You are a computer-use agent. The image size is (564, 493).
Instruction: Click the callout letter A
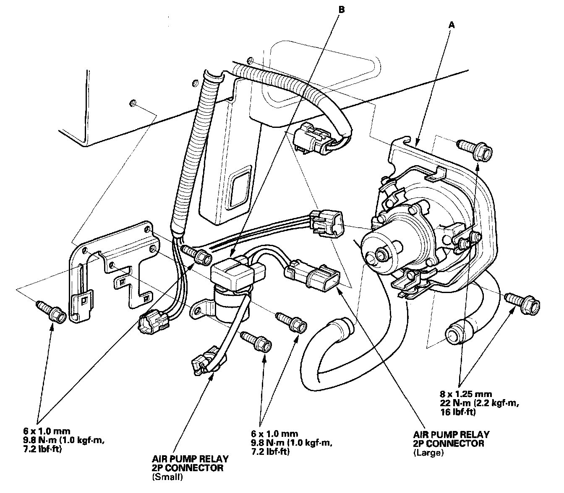452,26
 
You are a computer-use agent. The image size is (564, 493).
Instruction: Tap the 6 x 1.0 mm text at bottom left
46,431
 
